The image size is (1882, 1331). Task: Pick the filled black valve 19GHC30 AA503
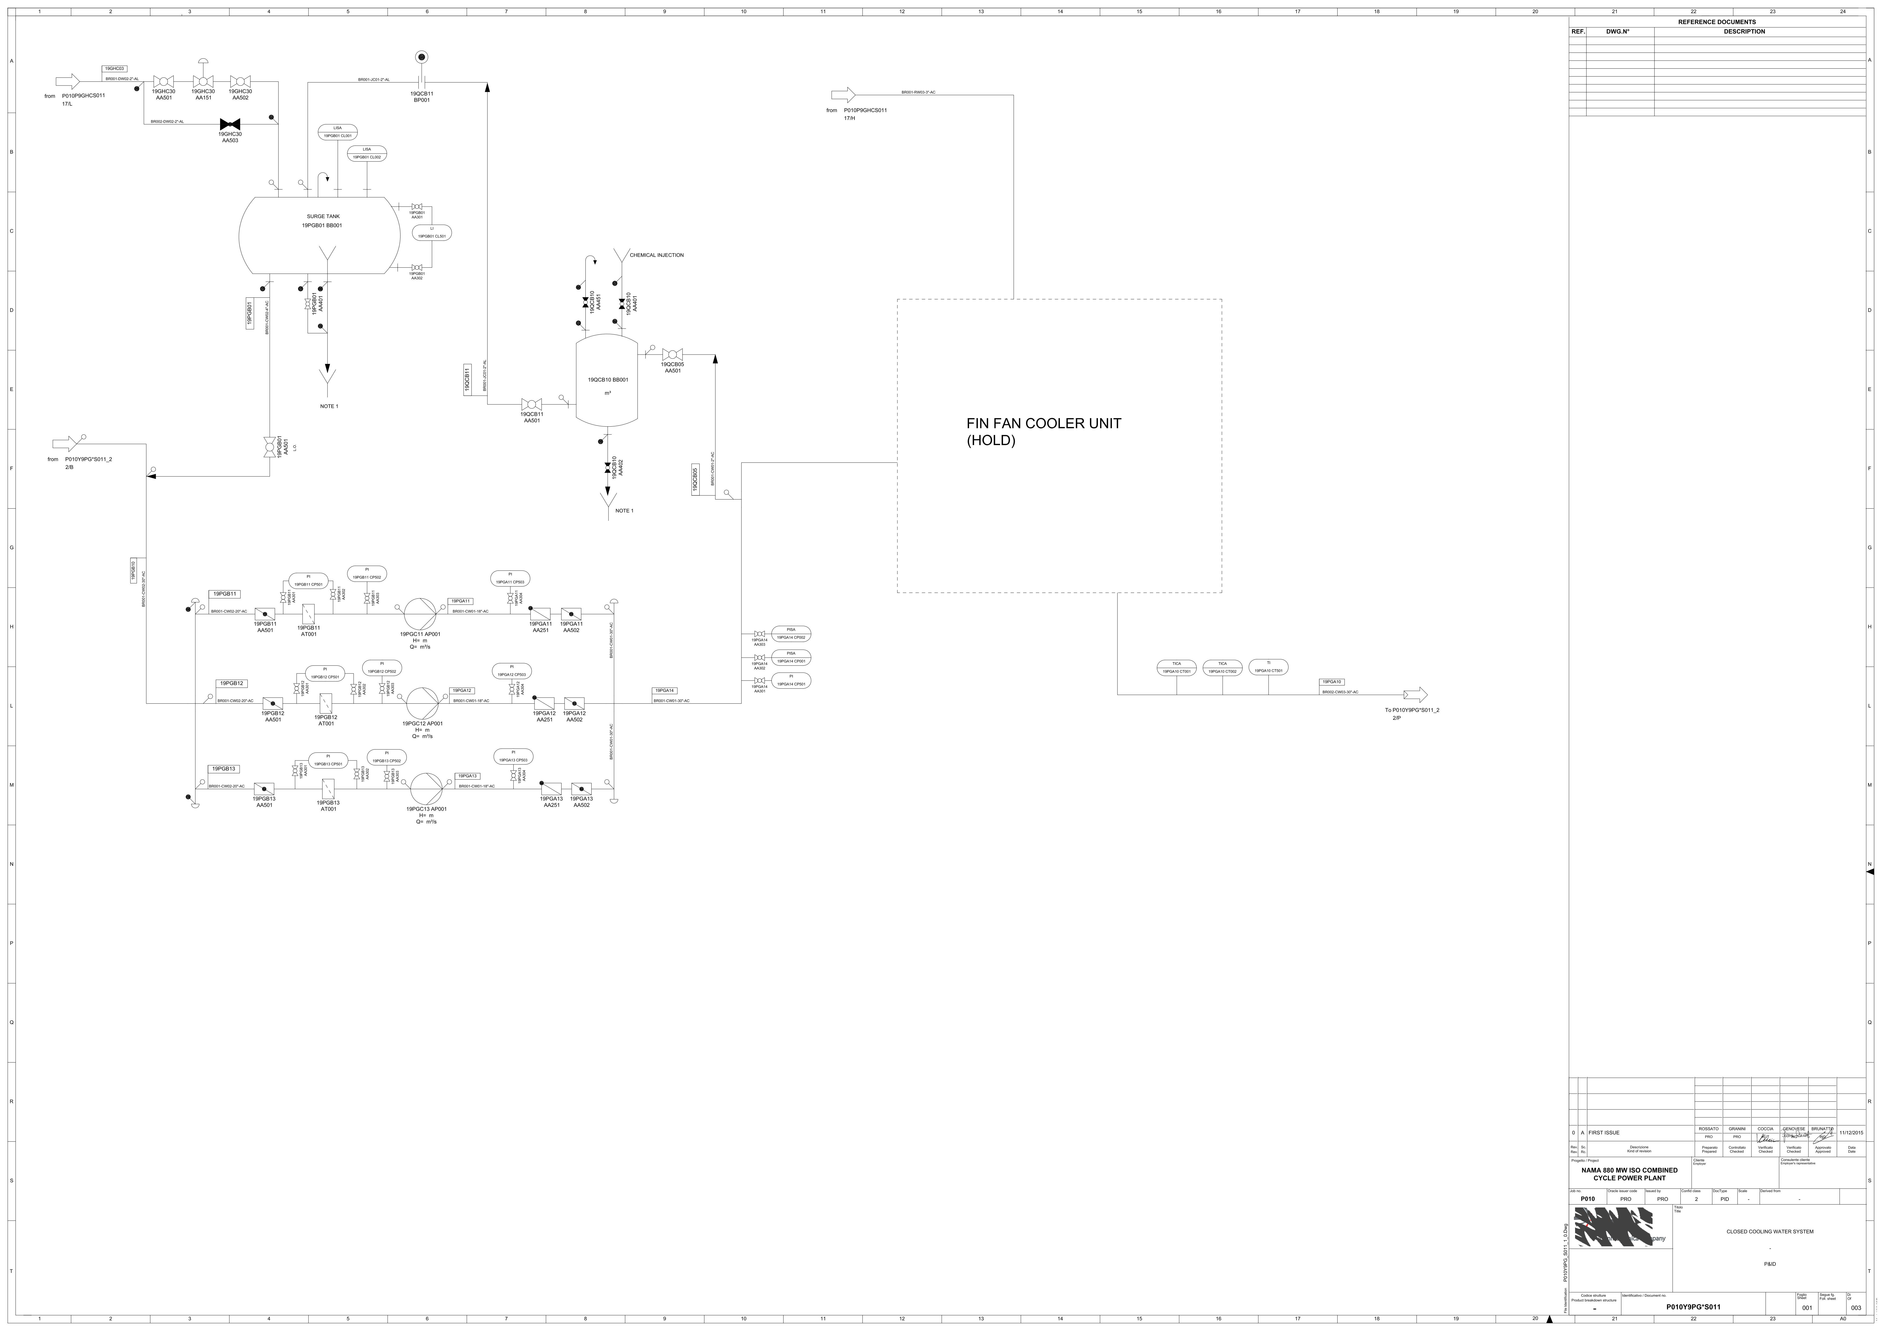[x=229, y=124]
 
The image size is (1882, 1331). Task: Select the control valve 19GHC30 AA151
[x=202, y=81]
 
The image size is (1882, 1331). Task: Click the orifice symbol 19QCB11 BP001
[x=421, y=82]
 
